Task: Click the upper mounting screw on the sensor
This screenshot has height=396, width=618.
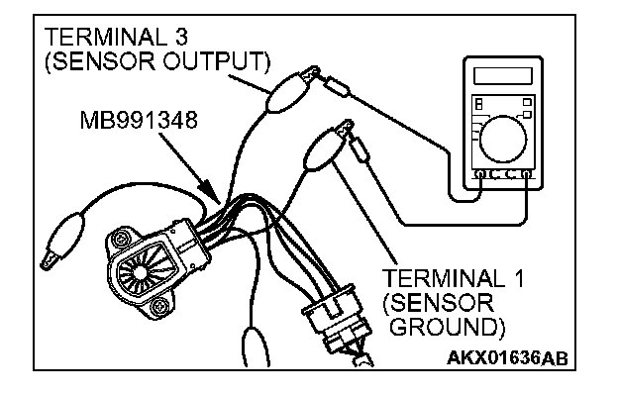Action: [121, 238]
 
